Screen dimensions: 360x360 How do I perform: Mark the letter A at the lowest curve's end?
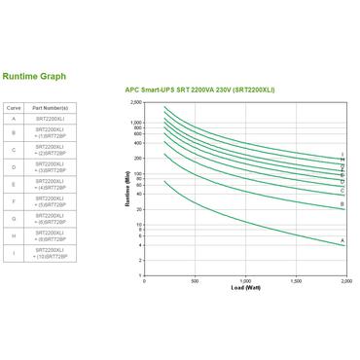[343, 240]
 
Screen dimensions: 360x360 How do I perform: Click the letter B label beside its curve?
[342, 204]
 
